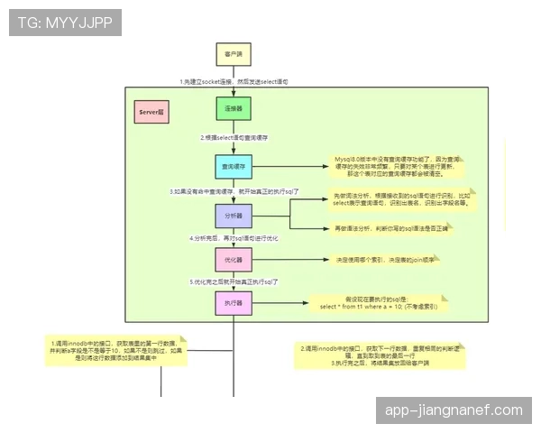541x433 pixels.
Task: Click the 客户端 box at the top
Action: tap(233, 54)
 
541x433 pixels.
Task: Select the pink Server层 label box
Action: tap(151, 112)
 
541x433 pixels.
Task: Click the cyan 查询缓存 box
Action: tap(233, 167)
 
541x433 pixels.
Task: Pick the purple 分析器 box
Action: tap(233, 217)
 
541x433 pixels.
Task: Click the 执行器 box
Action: tap(233, 305)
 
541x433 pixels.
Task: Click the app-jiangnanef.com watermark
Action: tap(454, 410)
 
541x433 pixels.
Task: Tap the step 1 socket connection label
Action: tap(233, 81)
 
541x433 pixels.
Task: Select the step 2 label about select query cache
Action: tap(233, 138)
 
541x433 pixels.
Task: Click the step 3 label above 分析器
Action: tap(233, 192)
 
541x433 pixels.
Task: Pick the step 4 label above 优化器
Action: tap(233, 238)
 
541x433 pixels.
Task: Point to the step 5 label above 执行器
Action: tap(233, 282)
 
